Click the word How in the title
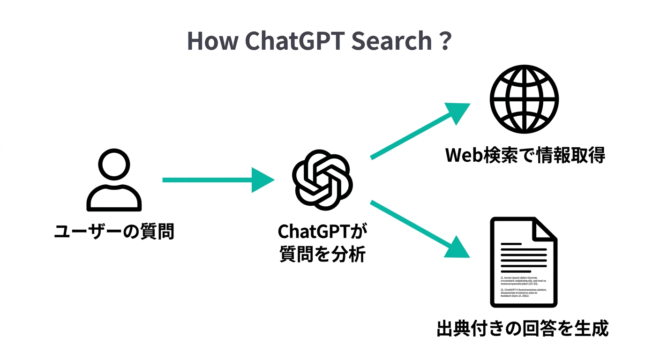coord(211,41)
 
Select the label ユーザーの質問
coord(114,232)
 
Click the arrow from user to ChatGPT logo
coord(216,180)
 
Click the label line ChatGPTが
coord(322,231)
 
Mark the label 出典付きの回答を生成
coord(522,328)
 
